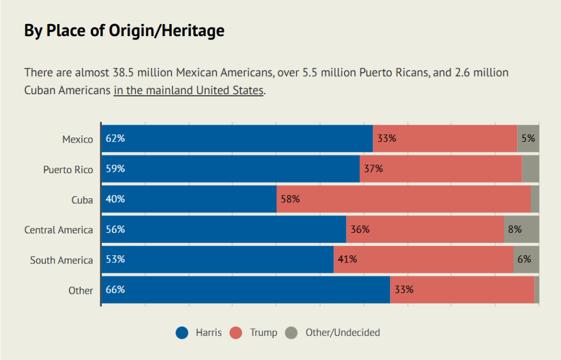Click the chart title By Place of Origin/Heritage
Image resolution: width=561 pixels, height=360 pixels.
(124, 31)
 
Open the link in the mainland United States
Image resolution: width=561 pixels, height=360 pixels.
(188, 90)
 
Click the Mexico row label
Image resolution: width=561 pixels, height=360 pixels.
(77, 140)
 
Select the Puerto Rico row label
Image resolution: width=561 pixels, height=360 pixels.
(68, 170)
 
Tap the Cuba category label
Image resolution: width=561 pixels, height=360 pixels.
(82, 200)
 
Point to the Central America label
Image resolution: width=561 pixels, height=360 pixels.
(59, 230)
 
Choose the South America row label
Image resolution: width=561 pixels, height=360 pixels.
(61, 260)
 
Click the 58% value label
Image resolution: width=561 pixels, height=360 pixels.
(290, 199)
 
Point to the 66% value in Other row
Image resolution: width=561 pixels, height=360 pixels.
(115, 289)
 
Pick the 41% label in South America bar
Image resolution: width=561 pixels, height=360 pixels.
(347, 259)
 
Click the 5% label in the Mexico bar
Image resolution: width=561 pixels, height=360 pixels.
(528, 139)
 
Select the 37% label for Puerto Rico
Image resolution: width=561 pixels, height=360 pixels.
(373, 169)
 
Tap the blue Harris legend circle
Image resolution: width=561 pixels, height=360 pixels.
(182, 333)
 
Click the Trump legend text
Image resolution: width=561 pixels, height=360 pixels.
(264, 333)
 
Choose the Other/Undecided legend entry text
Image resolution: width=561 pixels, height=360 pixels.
(342, 333)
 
